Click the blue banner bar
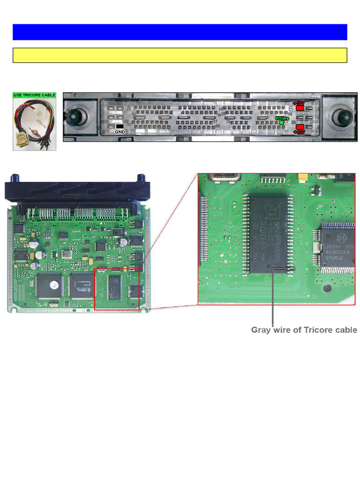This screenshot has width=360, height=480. pos(180,32)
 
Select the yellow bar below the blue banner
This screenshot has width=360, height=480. pos(180,55)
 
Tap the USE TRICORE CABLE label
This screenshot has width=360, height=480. pos(34,95)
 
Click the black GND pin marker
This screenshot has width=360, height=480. pos(120,127)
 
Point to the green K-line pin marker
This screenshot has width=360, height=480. pos(282,122)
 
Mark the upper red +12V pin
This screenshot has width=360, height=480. pos(300,108)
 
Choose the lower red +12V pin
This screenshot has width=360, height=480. pos(300,127)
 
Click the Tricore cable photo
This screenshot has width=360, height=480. pos(34,124)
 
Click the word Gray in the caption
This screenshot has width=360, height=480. pos(262,330)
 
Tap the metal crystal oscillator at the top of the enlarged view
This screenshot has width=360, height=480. pos(224,176)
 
